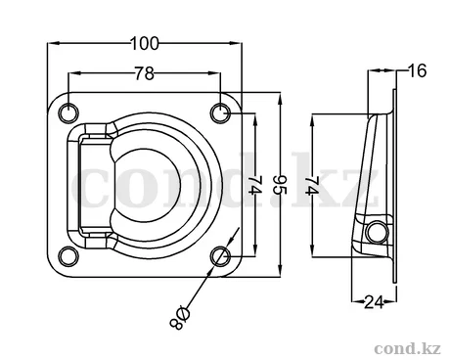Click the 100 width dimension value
click(x=145, y=44)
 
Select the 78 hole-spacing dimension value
click(x=145, y=73)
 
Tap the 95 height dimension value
click(x=280, y=185)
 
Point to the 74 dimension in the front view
click(x=255, y=185)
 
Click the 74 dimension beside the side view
click(x=312, y=185)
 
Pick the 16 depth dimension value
click(x=417, y=70)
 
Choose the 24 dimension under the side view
click(x=374, y=302)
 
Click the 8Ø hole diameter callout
click(x=180, y=318)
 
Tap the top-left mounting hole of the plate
click(x=68, y=112)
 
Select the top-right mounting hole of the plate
click(x=220, y=112)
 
